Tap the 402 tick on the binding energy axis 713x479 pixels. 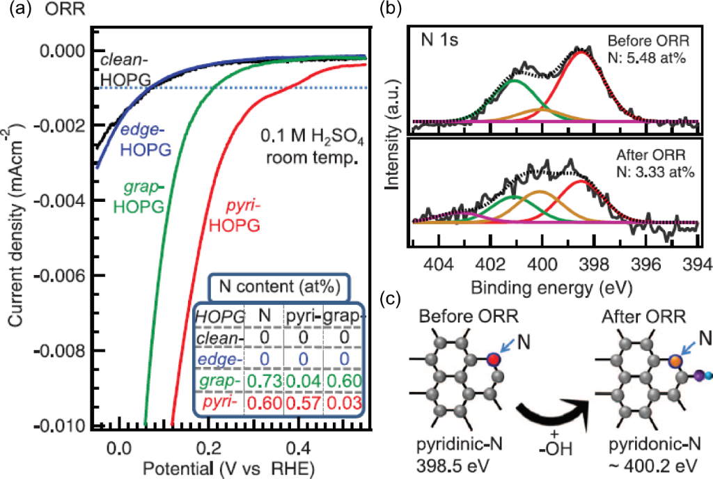coord(489,265)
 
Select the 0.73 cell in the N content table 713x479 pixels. coord(263,382)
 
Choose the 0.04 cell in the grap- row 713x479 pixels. coord(301,382)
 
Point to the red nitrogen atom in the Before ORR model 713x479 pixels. coord(493,359)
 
